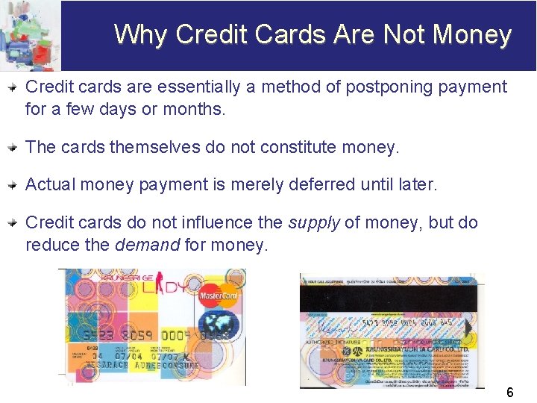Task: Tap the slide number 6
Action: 510,392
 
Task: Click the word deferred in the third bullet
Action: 329,184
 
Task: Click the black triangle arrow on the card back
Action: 468,328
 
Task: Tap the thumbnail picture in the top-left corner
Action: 30,35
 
